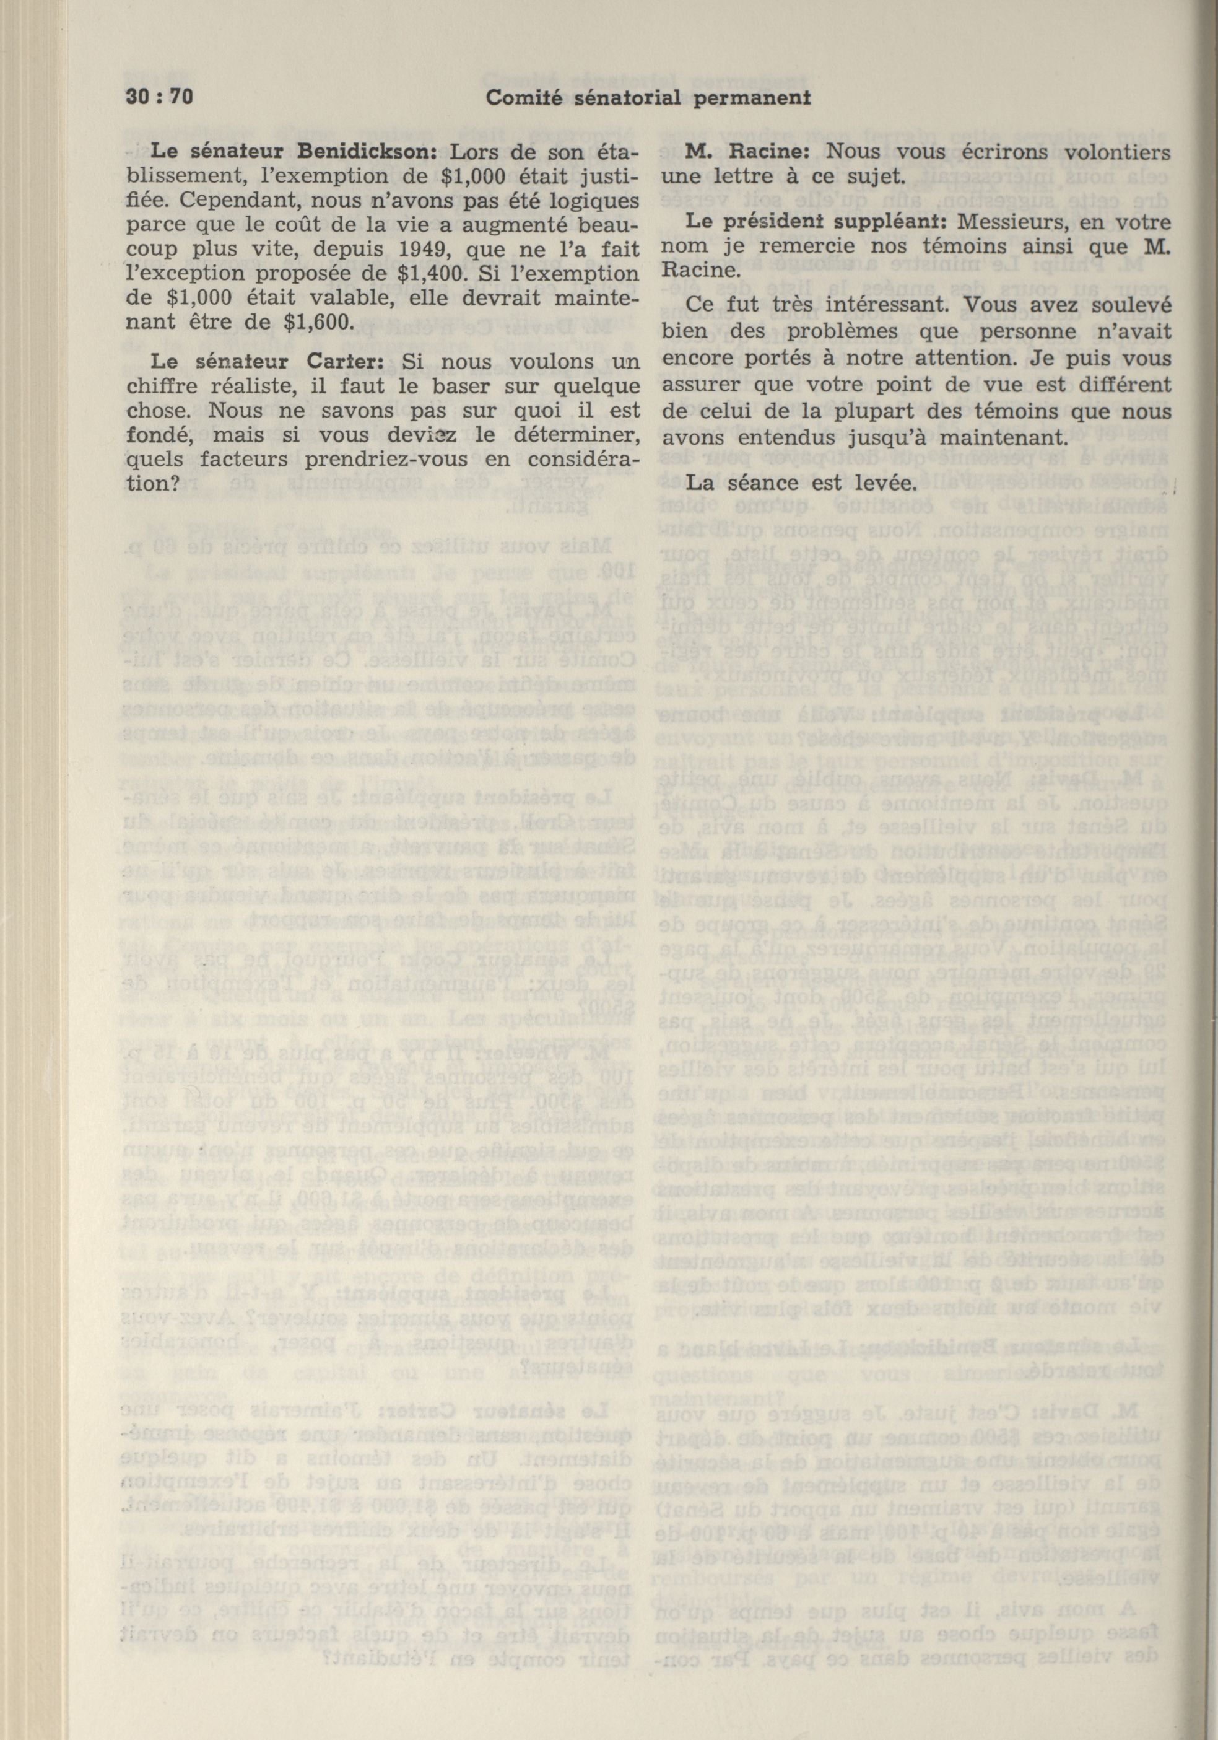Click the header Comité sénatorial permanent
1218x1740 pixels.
pyautogui.click(x=637, y=97)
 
